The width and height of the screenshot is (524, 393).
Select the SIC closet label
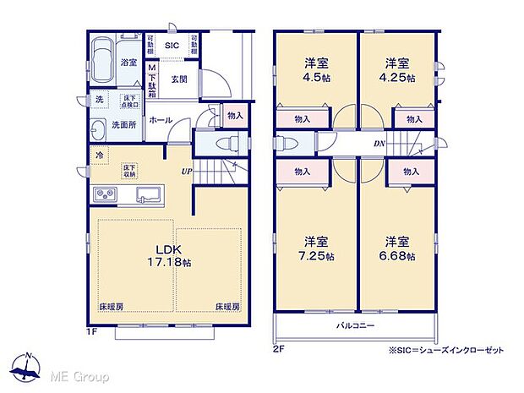coord(172,46)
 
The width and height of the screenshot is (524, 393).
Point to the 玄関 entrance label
coord(178,80)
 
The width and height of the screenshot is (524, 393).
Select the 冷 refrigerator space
coord(100,156)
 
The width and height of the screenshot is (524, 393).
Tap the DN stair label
coord(381,144)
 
